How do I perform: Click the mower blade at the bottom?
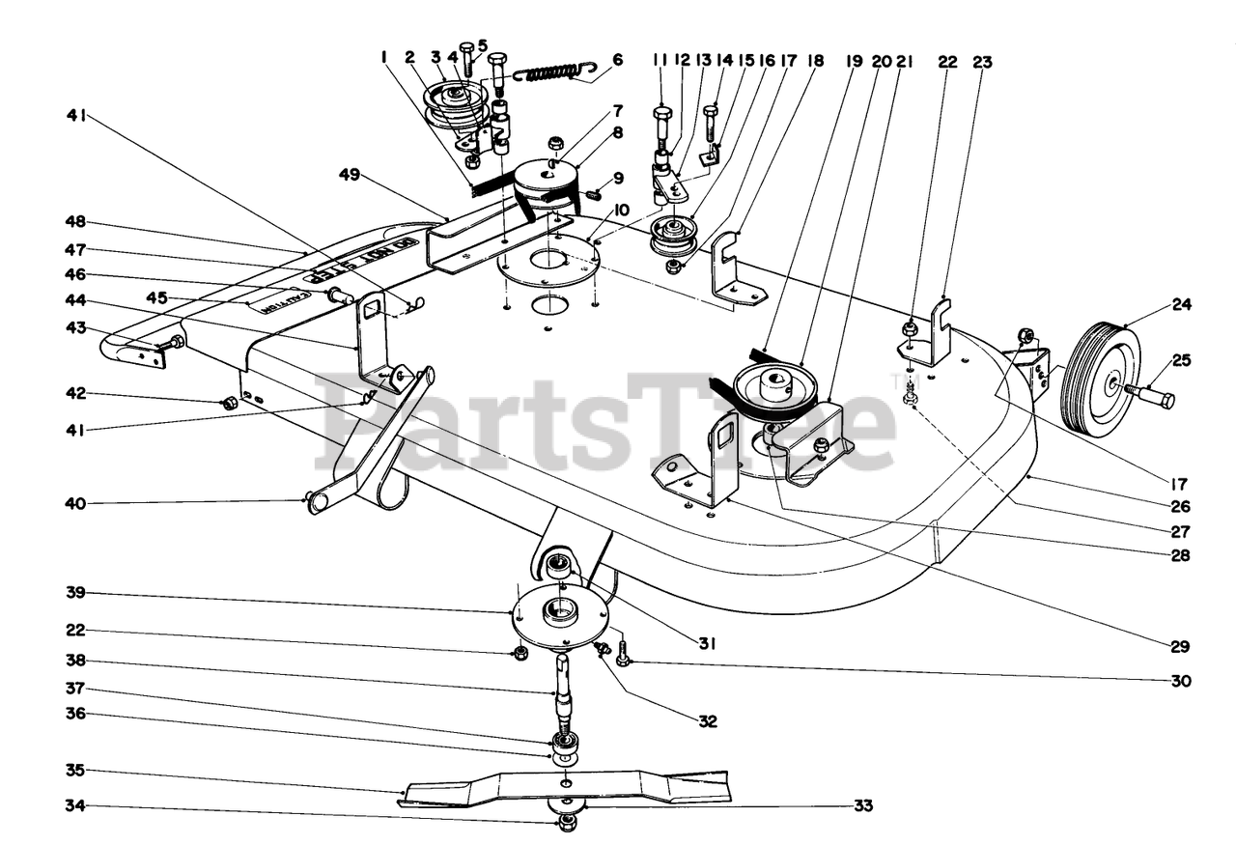[x=565, y=786]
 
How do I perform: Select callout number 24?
[x=1182, y=304]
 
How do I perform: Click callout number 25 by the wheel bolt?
[x=1182, y=360]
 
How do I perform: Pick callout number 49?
[x=349, y=174]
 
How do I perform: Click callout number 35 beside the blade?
[x=75, y=770]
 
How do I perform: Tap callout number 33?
[x=863, y=804]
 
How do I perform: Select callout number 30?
[x=1182, y=681]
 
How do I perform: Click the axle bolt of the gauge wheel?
[x=1153, y=395]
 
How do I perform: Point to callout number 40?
[x=75, y=502]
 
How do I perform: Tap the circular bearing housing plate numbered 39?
[x=560, y=619]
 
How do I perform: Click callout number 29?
[x=1182, y=646]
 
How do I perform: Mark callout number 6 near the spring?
[x=617, y=60]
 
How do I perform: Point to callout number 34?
[x=75, y=804]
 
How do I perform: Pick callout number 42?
[x=75, y=393]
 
